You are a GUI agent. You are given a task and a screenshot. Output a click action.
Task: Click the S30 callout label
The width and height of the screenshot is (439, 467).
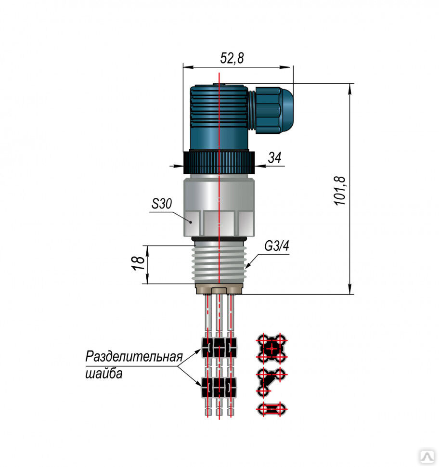(161, 204)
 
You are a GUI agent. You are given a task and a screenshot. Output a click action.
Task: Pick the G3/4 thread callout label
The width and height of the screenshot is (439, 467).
(277, 247)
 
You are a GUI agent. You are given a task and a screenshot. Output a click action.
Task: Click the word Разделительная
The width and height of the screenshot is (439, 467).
(134, 357)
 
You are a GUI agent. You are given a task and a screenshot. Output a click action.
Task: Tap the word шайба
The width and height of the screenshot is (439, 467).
(103, 374)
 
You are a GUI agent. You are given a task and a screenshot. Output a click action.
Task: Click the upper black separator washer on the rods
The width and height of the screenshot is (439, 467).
(219, 347)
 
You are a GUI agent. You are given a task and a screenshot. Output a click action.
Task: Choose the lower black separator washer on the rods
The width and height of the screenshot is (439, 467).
(219, 386)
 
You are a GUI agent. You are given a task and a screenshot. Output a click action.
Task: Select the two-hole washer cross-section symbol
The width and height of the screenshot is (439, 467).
(272, 410)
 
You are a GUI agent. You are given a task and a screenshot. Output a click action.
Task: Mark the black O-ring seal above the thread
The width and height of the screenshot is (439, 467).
(219, 239)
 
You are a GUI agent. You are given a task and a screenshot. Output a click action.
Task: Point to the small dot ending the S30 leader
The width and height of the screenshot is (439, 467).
(191, 222)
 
